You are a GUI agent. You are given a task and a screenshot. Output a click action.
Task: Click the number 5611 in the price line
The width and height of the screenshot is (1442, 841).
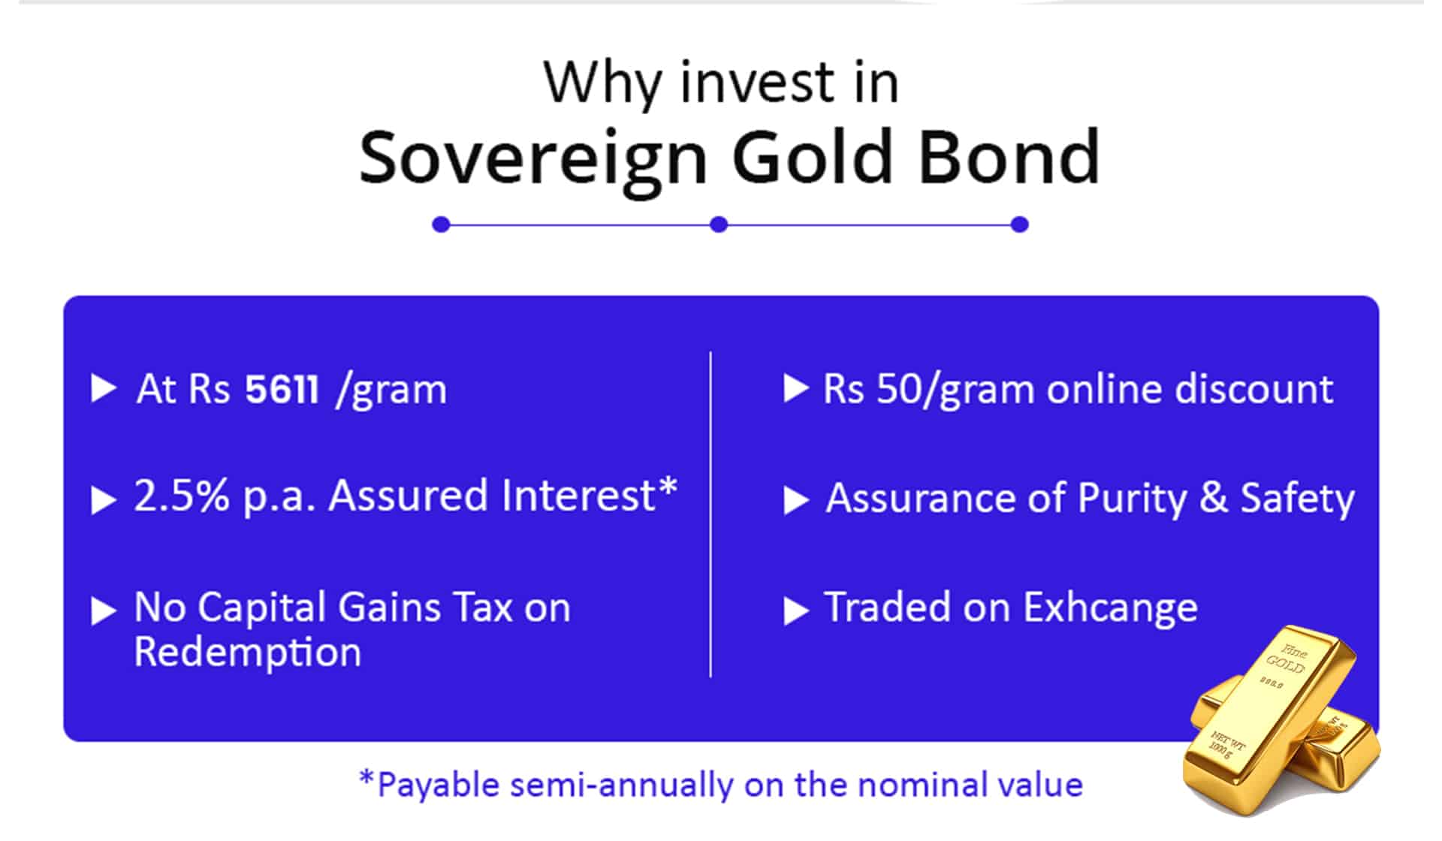[x=282, y=390]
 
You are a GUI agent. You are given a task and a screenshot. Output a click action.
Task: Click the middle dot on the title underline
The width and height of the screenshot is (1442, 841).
[x=719, y=224]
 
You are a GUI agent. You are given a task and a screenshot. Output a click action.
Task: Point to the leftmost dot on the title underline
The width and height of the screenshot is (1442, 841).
[x=441, y=224]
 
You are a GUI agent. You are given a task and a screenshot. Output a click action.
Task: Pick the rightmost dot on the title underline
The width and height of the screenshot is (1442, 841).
[x=1019, y=224]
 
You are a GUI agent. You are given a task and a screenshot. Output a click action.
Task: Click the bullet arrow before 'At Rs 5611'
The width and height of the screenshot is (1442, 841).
[x=104, y=389]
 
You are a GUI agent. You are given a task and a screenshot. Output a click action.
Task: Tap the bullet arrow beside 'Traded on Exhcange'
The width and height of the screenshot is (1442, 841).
[x=795, y=610]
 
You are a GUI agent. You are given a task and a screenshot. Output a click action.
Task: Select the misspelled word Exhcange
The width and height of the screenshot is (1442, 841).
[x=1110, y=608]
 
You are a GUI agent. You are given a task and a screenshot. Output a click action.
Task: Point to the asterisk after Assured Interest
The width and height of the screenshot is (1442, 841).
[x=668, y=487]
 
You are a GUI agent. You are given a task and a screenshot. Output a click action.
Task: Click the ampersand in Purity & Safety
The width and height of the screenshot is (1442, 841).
[x=1214, y=498]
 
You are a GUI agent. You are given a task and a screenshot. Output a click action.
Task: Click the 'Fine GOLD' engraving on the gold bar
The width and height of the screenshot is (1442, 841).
[x=1288, y=659]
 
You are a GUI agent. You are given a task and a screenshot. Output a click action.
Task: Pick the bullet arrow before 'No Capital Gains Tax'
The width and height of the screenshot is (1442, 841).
[x=104, y=610]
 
